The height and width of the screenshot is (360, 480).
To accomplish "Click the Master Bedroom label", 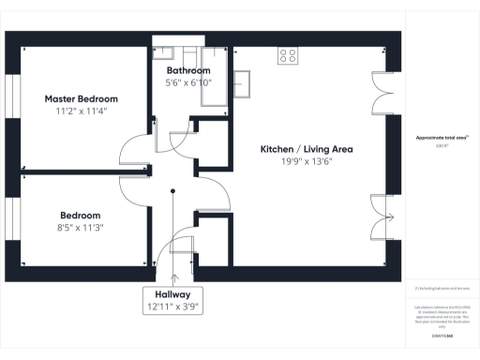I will [x=82, y=98].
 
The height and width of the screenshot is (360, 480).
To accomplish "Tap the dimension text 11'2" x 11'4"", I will [x=82, y=111].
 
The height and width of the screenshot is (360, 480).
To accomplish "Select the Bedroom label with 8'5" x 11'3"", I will [x=81, y=215].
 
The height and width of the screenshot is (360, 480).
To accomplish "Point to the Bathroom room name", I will [x=188, y=71].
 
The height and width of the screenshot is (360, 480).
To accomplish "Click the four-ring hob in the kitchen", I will [x=288, y=55].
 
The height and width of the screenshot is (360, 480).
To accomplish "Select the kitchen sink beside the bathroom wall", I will [x=241, y=82].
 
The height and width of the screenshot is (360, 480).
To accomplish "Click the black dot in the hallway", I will [x=173, y=192].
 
